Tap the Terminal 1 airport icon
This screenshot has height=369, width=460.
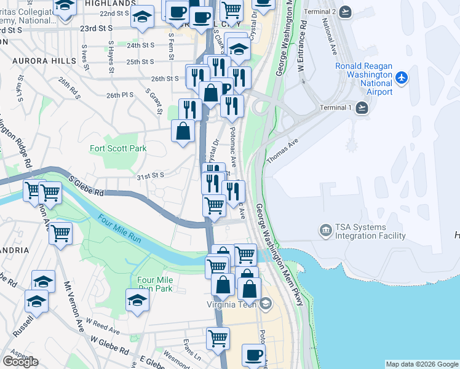[362, 108]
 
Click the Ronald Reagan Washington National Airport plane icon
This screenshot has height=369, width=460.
[402, 77]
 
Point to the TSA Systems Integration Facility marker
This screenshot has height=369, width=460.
[324, 231]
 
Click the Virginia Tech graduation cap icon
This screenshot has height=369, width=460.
[266, 303]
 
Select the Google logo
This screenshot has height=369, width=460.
[20, 362]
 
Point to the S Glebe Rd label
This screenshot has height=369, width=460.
[86, 184]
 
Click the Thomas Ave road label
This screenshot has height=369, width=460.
[282, 150]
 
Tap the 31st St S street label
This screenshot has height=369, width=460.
[150, 176]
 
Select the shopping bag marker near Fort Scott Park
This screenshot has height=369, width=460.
[183, 132]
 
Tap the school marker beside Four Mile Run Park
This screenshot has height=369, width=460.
[137, 300]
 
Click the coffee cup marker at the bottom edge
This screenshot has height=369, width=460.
[253, 355]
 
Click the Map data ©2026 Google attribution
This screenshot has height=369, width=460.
[421, 364]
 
